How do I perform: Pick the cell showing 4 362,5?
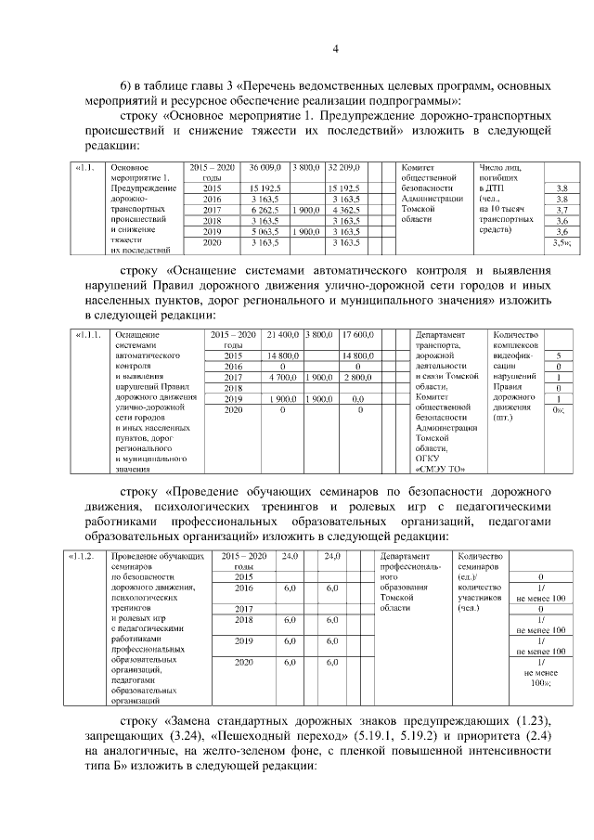[x=343, y=211]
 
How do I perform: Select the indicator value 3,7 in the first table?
[x=561, y=211]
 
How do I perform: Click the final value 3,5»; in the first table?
[x=561, y=243]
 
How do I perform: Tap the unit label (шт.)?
[x=506, y=419]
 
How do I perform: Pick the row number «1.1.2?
[x=86, y=556]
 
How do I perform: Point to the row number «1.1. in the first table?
[x=85, y=167]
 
